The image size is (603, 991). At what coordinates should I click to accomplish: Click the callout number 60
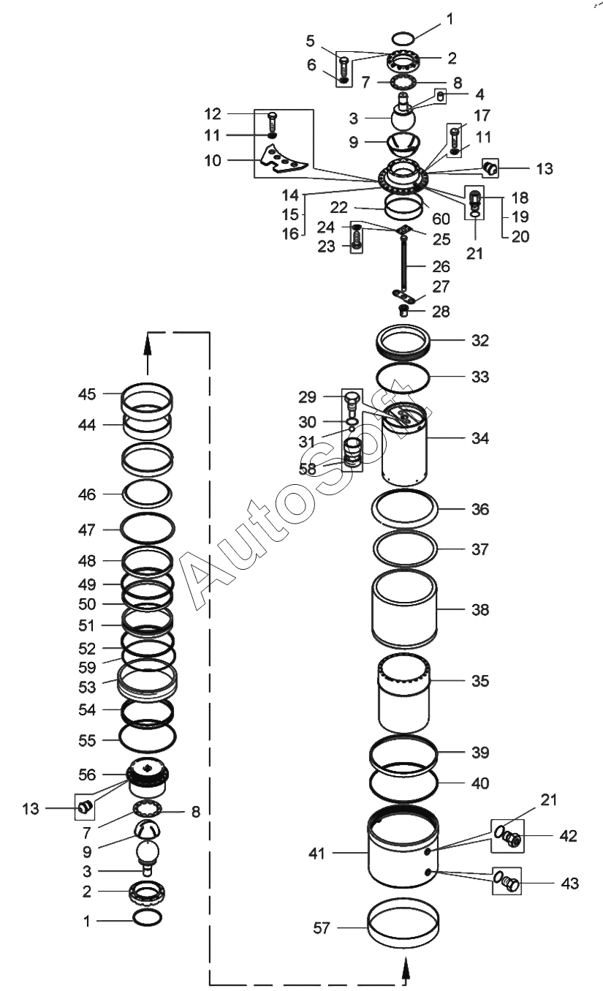(441, 219)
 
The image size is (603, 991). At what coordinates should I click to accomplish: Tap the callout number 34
(480, 438)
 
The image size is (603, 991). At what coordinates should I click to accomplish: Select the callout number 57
(322, 927)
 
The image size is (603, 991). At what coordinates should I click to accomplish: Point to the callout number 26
(441, 266)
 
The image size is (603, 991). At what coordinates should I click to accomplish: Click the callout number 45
(87, 393)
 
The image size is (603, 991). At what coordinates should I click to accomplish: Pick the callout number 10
(212, 160)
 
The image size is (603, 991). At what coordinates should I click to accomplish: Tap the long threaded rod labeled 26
(404, 266)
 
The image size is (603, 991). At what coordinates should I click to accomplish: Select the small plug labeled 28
(403, 311)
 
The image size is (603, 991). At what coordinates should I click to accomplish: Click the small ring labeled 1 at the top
(403, 38)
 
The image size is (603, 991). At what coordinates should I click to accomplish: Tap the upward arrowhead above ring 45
(148, 342)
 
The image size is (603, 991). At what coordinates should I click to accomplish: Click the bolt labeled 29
(351, 402)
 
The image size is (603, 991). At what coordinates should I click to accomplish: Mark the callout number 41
(316, 854)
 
